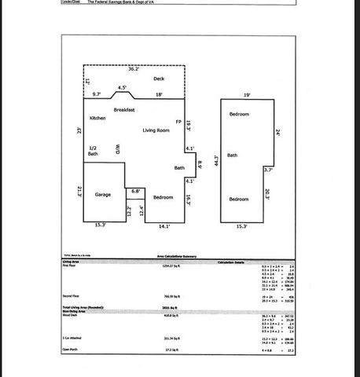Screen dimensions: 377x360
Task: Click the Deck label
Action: coord(159,79)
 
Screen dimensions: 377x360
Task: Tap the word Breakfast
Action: coord(125,110)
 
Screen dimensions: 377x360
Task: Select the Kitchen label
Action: coord(97,118)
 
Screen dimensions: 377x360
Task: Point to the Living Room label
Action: coord(156,130)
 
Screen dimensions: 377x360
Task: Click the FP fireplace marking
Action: coord(178,123)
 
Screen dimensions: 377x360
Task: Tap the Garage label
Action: coord(103,194)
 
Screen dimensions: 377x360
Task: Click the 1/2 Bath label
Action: coord(93,151)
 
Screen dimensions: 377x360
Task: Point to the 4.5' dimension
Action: coord(122,87)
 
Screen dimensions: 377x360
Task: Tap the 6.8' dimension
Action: coord(135,191)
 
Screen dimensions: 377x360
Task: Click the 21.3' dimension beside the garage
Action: coord(80,192)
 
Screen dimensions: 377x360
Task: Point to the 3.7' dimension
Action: coord(268,170)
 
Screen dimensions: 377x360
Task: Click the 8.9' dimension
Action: coord(200,165)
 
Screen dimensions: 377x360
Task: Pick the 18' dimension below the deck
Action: coord(159,94)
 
